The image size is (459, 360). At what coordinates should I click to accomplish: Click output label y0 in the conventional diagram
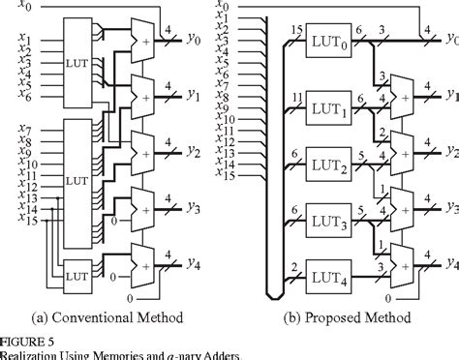pos(197,43)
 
